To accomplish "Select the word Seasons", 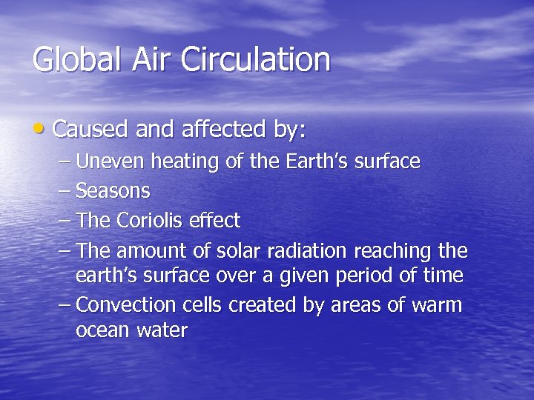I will [x=113, y=190].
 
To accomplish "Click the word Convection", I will [x=123, y=304].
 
